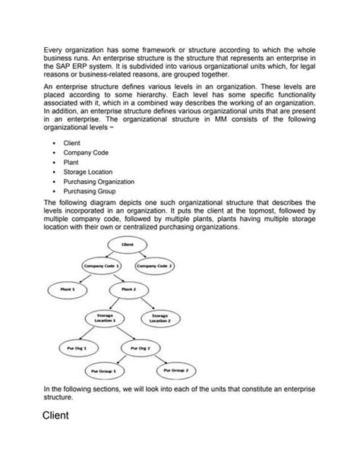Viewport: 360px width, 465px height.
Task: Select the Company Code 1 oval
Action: point(102,266)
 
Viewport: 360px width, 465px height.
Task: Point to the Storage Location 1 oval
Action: point(106,317)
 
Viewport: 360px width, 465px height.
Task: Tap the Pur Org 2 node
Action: point(141,347)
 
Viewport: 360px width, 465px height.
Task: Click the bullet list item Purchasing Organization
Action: point(99,182)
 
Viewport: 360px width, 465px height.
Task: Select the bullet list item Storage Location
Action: point(88,172)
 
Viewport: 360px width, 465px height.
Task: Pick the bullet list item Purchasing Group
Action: point(90,192)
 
